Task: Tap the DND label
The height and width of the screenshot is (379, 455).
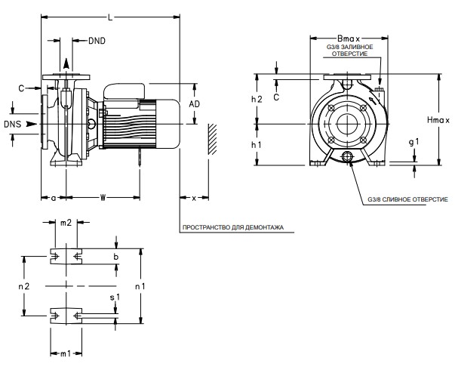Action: (x=98, y=39)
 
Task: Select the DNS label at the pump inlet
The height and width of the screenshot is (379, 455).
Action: (x=13, y=123)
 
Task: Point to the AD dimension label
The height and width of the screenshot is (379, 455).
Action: (x=194, y=103)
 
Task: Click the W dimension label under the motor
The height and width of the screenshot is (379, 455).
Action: (x=103, y=198)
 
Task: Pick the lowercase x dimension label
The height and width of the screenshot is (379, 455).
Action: (x=194, y=198)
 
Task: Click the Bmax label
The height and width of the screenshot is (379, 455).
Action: (x=349, y=37)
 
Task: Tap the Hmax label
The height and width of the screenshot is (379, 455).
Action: (x=438, y=119)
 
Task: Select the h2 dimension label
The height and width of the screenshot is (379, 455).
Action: (x=257, y=99)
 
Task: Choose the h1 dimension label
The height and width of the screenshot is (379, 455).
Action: (x=257, y=143)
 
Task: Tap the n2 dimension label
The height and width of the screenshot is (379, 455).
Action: (x=23, y=287)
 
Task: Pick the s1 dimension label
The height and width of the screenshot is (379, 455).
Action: (x=114, y=299)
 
